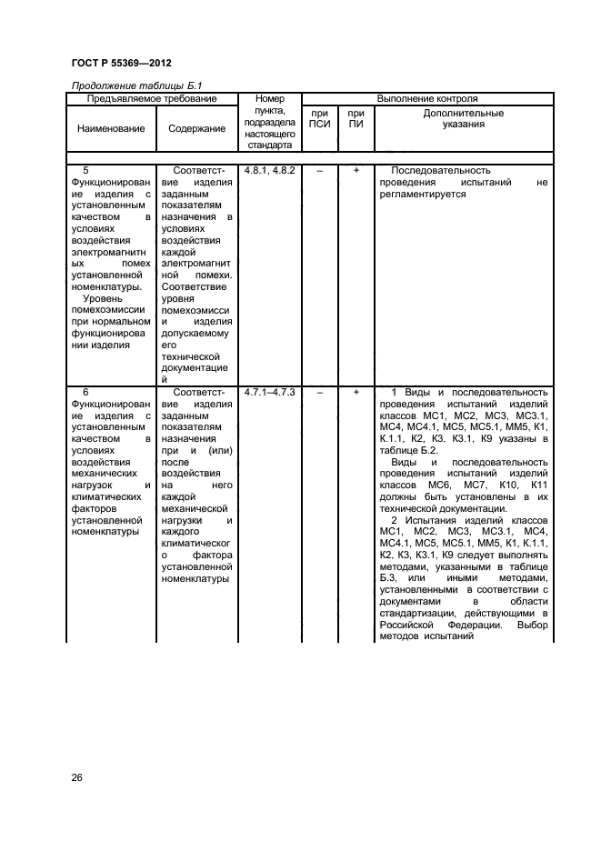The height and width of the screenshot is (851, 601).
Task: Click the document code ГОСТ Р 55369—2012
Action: point(121,63)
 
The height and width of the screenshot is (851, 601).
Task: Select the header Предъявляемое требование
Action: point(152,98)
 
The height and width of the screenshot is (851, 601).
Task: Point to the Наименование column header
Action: point(111,128)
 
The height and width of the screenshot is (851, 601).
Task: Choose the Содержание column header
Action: point(197,128)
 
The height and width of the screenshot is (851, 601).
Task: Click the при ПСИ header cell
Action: point(319,119)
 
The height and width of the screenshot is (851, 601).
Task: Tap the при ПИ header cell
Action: point(356,119)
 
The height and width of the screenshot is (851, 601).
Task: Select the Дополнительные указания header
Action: point(464,119)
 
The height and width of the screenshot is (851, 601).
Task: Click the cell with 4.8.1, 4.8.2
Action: point(270,170)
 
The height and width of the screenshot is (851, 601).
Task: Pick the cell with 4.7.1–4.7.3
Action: point(270,392)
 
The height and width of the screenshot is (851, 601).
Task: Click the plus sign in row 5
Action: point(356,170)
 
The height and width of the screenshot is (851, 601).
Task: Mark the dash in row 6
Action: point(319,392)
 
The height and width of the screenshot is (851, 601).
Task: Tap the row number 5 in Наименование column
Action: point(85,170)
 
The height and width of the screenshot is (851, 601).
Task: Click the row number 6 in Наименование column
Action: point(85,392)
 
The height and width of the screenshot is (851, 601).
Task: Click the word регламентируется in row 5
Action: point(426,195)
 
